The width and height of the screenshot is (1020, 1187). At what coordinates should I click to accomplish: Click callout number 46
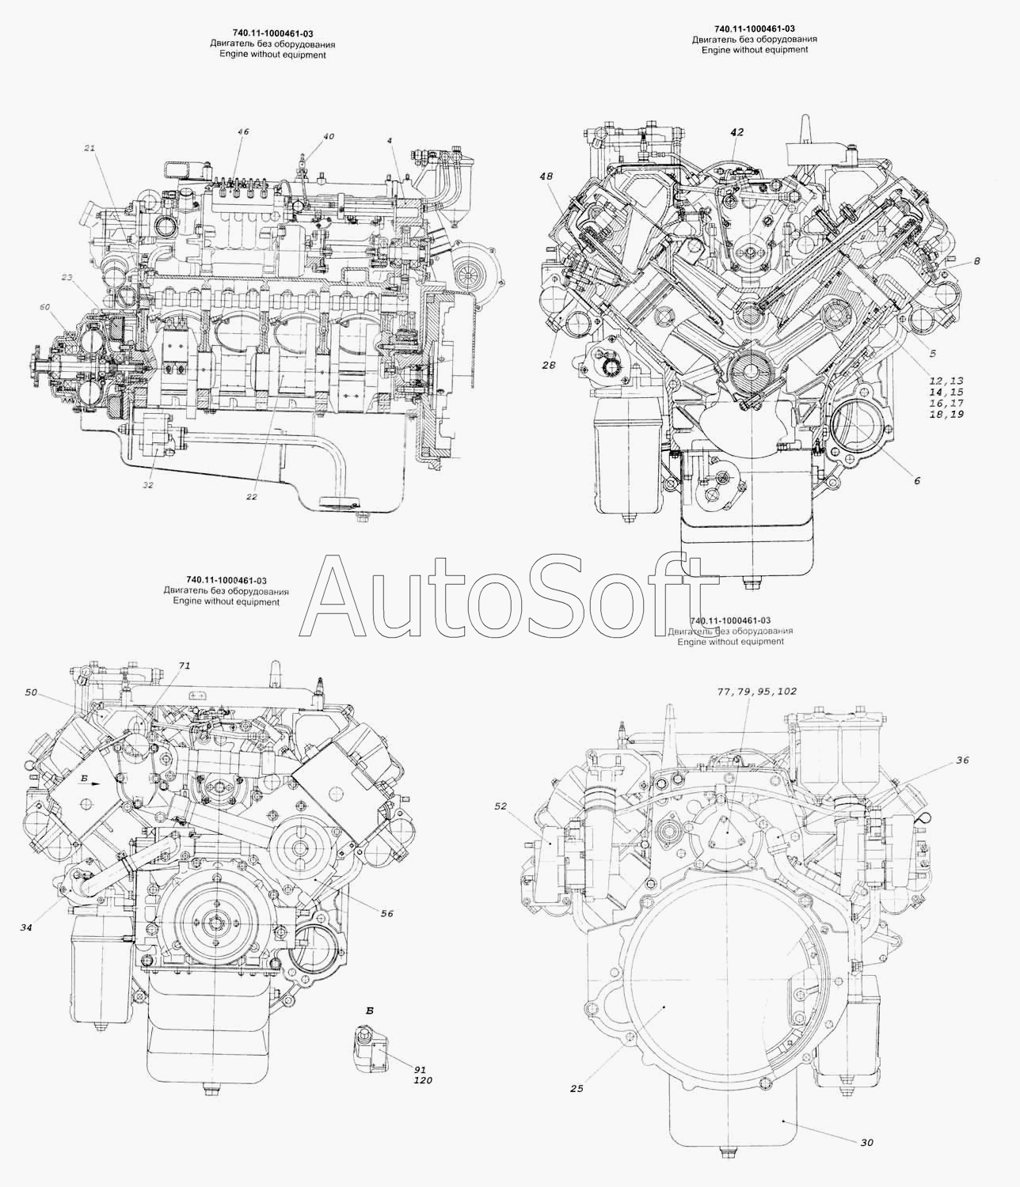[x=243, y=132]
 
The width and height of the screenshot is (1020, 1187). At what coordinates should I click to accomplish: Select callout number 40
[x=328, y=137]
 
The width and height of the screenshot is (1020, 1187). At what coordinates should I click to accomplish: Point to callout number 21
[x=89, y=148]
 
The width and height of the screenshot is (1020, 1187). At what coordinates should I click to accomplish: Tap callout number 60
[x=45, y=307]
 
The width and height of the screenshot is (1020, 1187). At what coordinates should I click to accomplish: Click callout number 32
[x=148, y=484]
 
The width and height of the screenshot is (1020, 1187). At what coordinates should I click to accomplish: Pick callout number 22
[x=252, y=497]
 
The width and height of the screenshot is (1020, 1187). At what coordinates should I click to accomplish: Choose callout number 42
[x=736, y=132]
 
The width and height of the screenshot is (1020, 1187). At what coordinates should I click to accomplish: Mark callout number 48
[x=546, y=176]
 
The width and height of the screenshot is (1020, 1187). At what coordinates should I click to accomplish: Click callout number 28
[x=549, y=365]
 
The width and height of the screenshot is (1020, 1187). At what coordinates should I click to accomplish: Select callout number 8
[x=976, y=261]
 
